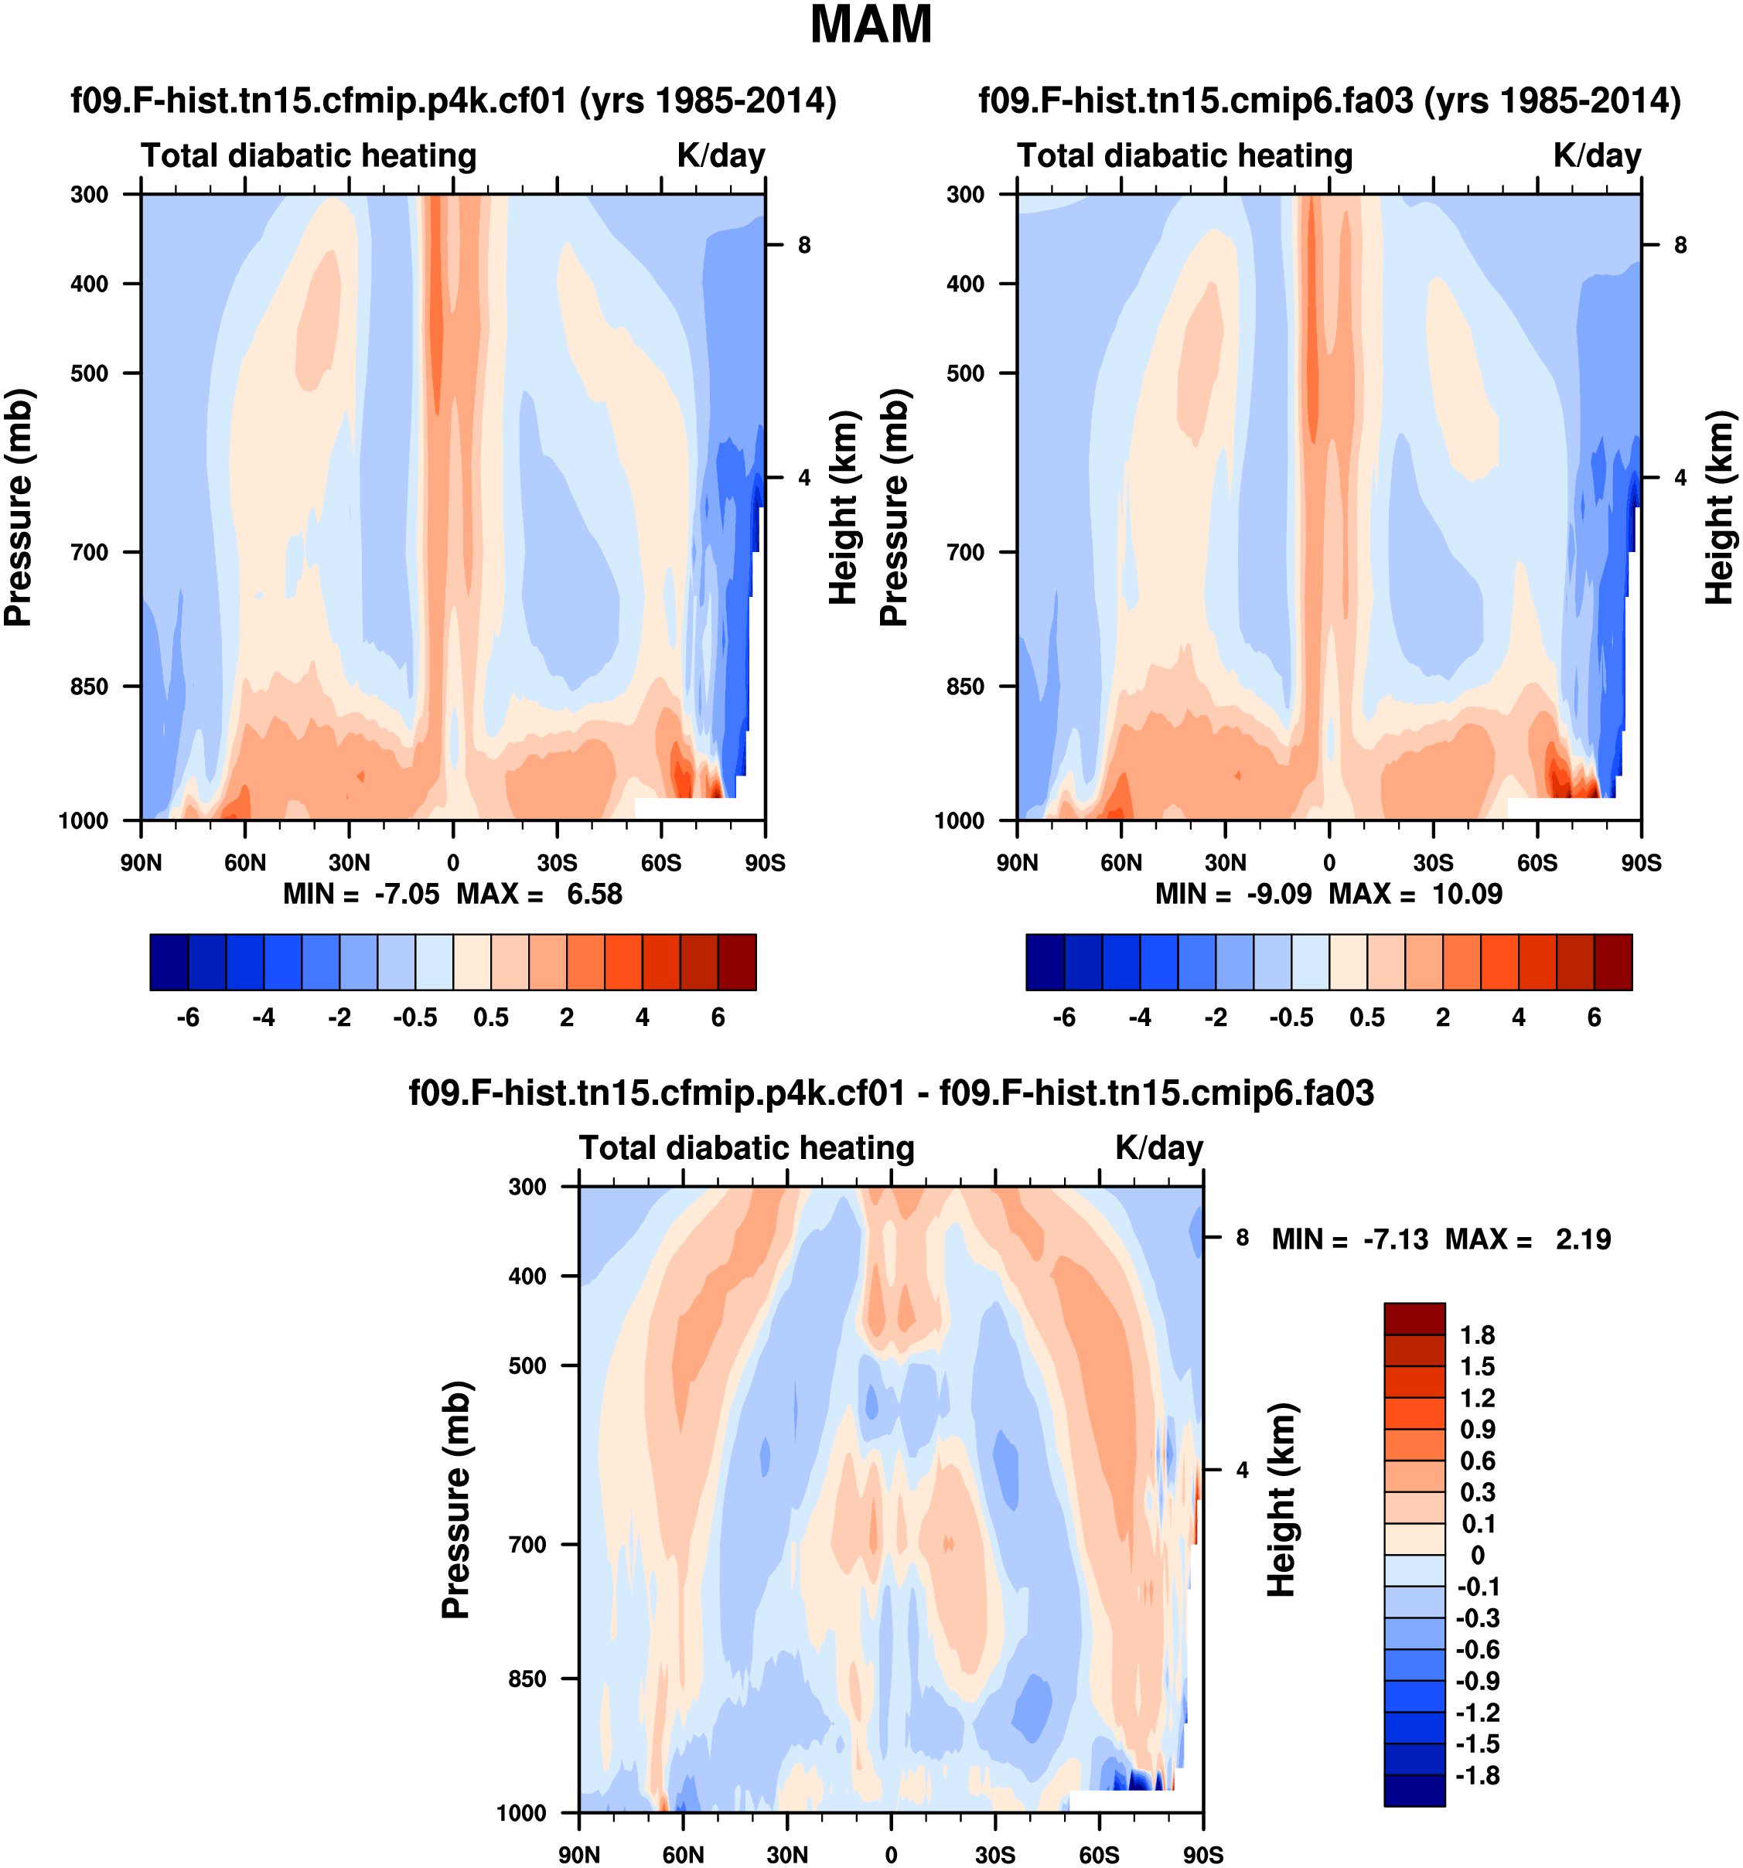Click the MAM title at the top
(871, 26)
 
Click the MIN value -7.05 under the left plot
(406, 894)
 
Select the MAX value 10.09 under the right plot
(1467, 894)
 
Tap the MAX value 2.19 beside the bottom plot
(1583, 1239)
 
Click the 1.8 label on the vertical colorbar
(1477, 1335)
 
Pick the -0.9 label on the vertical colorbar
(1477, 1681)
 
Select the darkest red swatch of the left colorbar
(737, 962)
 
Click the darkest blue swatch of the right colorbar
(1045, 962)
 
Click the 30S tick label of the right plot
(1433, 863)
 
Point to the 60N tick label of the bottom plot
(683, 1855)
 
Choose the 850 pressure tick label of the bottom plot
(527, 1679)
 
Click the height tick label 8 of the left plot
(804, 245)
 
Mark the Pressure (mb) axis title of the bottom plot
(455, 1500)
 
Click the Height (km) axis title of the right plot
(1718, 507)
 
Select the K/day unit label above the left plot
(721, 156)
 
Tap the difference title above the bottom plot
(891, 1094)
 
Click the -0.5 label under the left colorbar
(415, 1018)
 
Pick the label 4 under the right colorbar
(1519, 1018)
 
